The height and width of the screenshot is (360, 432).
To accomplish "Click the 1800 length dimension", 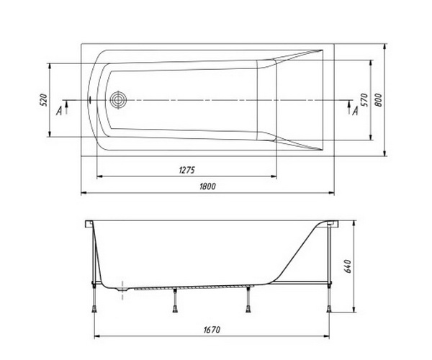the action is coord(207,186).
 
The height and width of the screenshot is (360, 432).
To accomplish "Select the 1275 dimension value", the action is coord(186,170).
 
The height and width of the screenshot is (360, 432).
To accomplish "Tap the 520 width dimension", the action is coord(44,100).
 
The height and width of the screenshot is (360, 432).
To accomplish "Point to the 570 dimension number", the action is coord(364,100).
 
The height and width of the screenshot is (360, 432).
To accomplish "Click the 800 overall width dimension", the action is coord(379,100).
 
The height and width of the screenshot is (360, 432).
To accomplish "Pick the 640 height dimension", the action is coord(348,266).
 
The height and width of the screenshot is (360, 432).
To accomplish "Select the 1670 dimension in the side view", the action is coord(212,330).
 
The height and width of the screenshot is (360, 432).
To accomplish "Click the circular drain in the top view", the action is coord(119,99).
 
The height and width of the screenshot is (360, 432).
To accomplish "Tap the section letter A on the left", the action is coord(59,112).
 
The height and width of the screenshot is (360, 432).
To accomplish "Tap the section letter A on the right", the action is coord(355,112).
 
